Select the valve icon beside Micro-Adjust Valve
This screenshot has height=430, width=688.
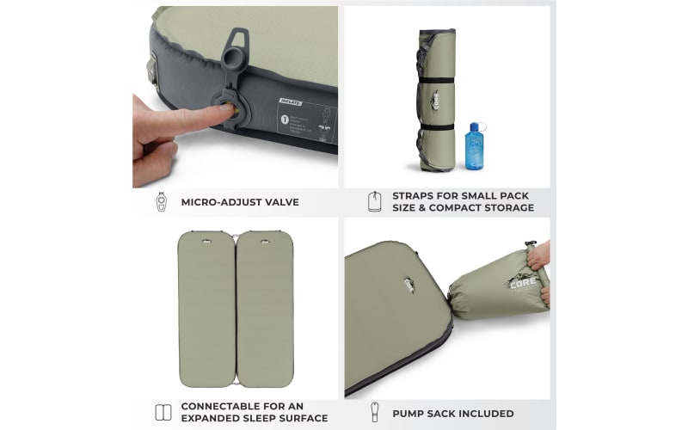coord(161,202)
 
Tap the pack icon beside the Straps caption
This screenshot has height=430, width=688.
coord(374,202)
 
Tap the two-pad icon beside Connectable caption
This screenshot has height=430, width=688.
coord(163,412)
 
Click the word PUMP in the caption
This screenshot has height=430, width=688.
coord(411,414)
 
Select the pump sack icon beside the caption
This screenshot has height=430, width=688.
coord(374,413)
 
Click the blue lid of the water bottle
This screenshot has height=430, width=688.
coord(473,126)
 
